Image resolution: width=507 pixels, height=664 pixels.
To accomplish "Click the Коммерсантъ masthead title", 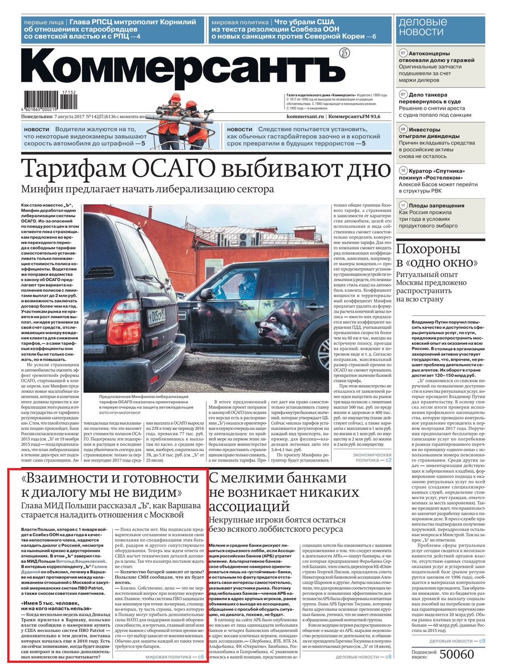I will (183, 66).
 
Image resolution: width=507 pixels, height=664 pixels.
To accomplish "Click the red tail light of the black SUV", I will (124, 315).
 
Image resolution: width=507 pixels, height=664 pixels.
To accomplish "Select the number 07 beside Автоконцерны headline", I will (403, 53).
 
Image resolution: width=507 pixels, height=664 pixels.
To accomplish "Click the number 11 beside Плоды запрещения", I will (403, 205).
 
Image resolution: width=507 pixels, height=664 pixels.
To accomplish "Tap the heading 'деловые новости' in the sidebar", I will (423, 27).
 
